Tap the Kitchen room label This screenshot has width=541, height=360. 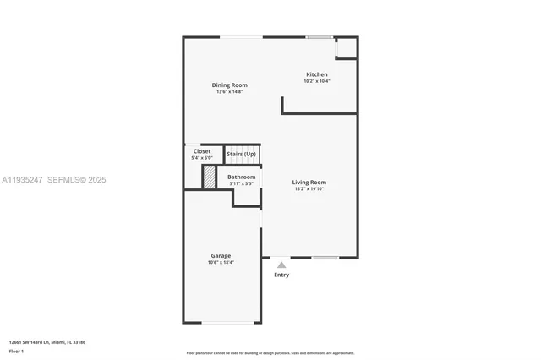(317, 74)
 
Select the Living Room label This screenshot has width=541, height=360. (309, 182)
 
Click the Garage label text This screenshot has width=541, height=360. (221, 255)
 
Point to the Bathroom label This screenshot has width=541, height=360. (242, 177)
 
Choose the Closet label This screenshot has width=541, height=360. (202, 151)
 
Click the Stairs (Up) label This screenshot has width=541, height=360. (242, 154)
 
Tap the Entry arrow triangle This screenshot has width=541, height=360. (281, 265)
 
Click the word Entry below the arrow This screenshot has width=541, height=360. (281, 275)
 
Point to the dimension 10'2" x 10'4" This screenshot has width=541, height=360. (317, 81)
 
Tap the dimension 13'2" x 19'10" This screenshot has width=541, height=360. (309, 188)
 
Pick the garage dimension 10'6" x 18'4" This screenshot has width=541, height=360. (221, 262)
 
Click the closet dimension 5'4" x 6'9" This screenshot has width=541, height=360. (202, 158)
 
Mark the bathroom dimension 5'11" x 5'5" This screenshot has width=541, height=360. (242, 183)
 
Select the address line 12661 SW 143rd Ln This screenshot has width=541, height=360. (47, 341)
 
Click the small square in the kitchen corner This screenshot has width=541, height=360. (346, 47)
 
